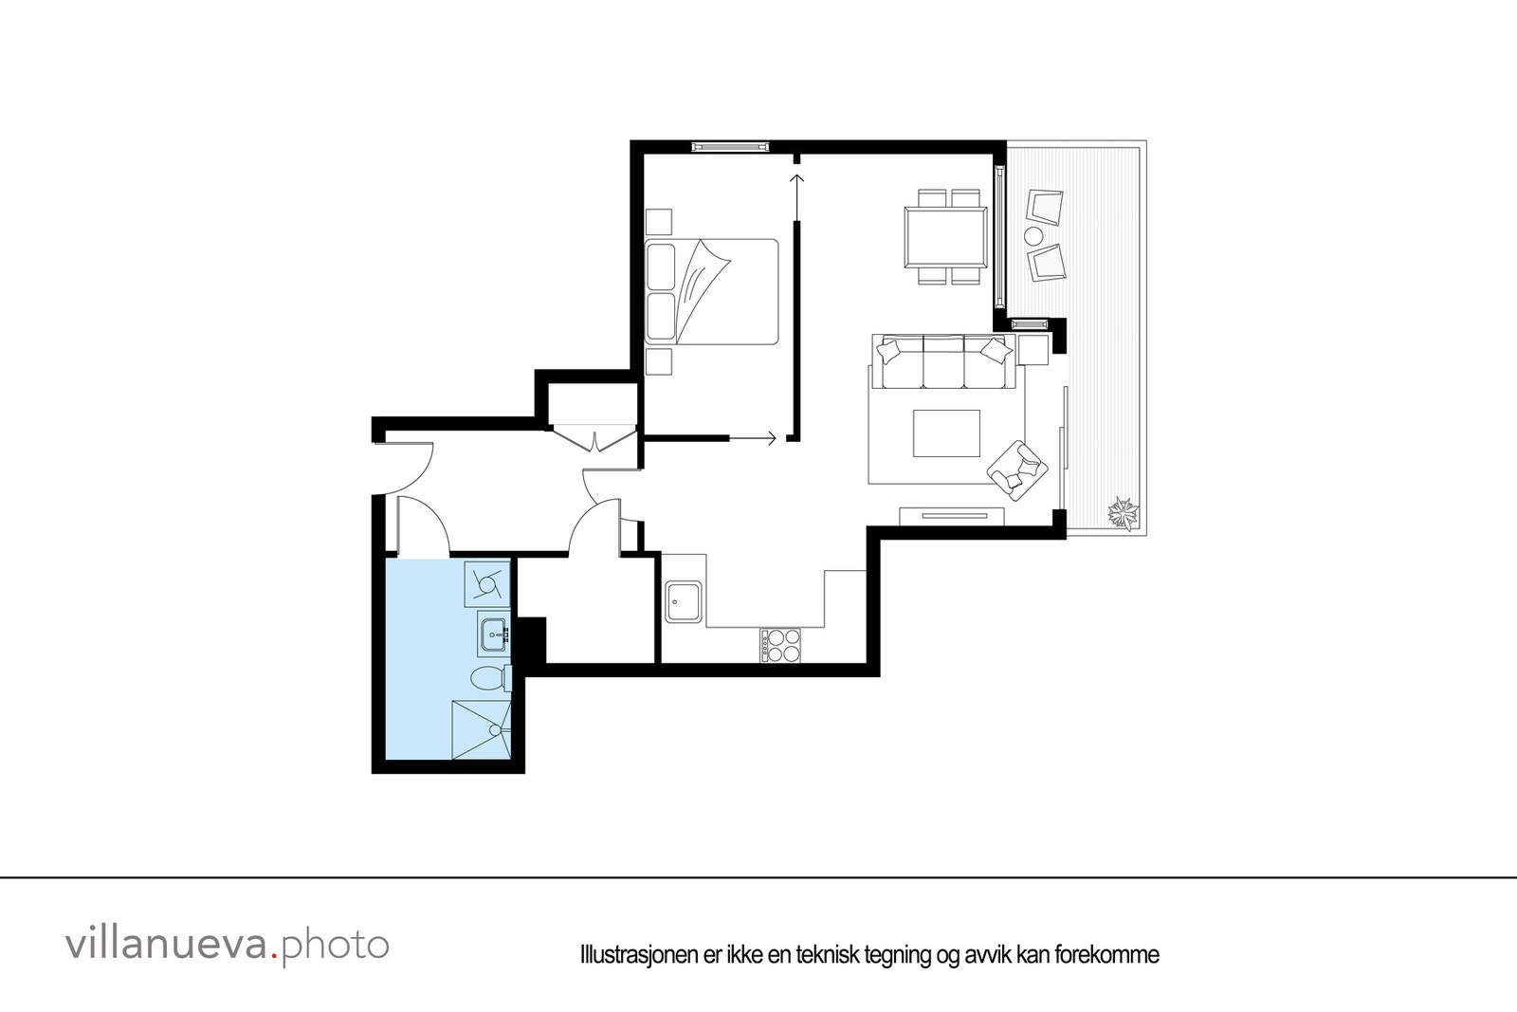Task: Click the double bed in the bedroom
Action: coord(712,291)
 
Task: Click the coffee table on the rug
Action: coord(946,432)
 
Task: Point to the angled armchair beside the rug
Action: coord(1015,468)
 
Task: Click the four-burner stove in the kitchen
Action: coord(779,646)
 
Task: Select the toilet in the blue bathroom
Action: coord(488,679)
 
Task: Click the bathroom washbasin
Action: coord(492,633)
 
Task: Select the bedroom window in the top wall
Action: coord(728,146)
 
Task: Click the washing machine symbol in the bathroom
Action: coord(487,583)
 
